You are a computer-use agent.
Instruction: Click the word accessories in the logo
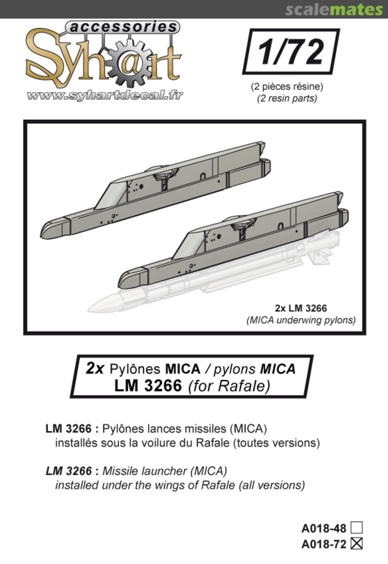[122, 27]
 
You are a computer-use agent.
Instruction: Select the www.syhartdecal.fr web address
[104, 96]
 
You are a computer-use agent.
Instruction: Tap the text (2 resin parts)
[287, 98]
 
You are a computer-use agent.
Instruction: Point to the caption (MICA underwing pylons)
[301, 320]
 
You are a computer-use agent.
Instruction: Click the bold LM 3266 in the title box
[150, 386]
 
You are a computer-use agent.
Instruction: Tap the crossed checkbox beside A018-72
[357, 544]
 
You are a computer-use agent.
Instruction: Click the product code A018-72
[324, 544]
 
